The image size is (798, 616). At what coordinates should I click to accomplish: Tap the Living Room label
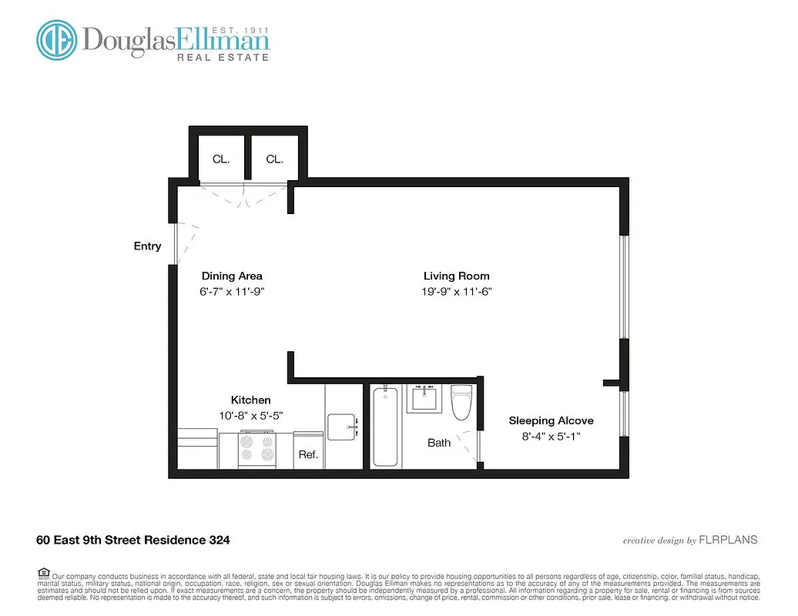click(456, 276)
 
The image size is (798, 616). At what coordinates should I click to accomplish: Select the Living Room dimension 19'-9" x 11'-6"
click(456, 291)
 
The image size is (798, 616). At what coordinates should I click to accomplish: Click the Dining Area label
click(232, 276)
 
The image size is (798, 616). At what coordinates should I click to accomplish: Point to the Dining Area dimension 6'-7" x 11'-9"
click(232, 291)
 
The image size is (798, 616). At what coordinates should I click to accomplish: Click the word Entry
click(147, 246)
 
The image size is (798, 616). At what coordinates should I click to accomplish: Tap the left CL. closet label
click(221, 159)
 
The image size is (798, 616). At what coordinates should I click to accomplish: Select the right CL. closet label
click(275, 159)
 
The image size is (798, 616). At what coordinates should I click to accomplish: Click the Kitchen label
click(251, 400)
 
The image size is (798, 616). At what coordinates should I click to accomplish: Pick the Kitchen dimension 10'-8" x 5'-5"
click(251, 415)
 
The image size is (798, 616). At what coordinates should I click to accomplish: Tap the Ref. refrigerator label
click(308, 455)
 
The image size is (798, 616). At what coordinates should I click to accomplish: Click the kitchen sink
click(343, 426)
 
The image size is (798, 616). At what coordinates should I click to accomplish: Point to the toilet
click(461, 403)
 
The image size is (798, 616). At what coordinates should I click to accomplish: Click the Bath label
click(439, 443)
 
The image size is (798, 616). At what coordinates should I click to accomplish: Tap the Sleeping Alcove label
click(551, 420)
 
